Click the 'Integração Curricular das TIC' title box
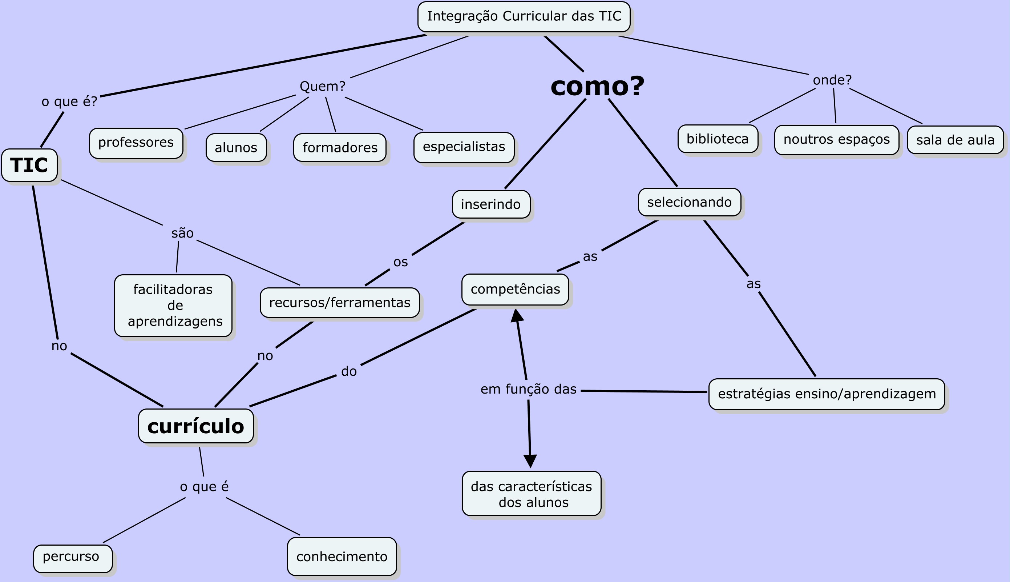tap(524, 16)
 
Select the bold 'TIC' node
tap(29, 165)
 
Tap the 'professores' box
tap(136, 143)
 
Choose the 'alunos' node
tap(236, 147)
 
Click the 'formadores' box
tap(340, 147)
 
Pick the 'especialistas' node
tap(464, 147)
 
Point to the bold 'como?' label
tap(597, 86)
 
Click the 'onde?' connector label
tap(832, 80)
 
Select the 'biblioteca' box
tap(718, 139)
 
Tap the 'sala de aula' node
tap(955, 140)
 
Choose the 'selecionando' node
tap(689, 202)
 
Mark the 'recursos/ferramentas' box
tap(340, 303)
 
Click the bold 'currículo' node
tap(195, 426)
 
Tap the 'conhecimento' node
tap(342, 557)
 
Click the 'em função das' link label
tap(529, 389)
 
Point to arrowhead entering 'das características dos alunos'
tap(530, 461)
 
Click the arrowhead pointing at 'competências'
tap(517, 315)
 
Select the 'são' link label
tap(182, 233)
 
